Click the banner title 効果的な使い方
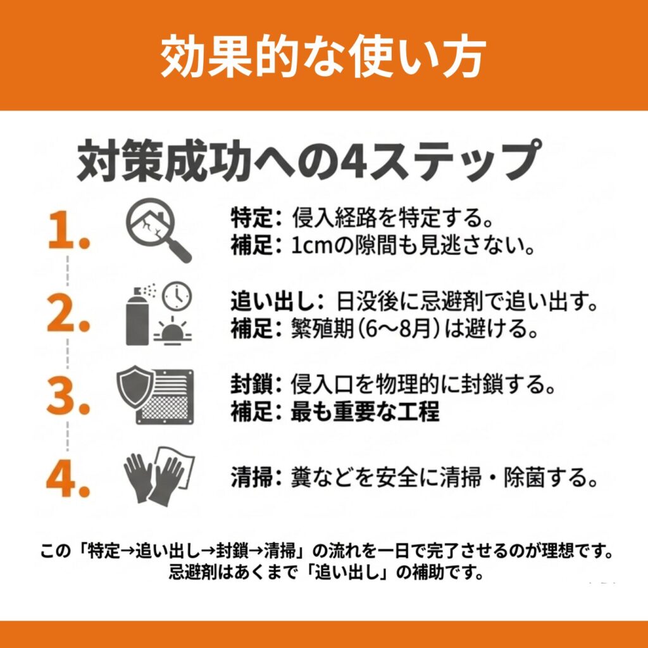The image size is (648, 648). pos(323,56)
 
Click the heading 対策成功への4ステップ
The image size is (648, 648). pos(309,161)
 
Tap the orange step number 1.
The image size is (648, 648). pos(68,230)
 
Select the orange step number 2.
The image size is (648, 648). pos(68,313)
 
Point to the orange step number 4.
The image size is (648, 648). pos(68,478)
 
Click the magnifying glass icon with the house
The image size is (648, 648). pos(158,230)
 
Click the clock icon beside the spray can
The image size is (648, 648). pos(177,296)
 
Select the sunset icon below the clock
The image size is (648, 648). pos(173,330)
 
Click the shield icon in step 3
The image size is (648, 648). pos(135,387)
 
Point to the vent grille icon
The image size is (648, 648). pos(166,397)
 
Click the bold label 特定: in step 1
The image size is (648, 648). pos(256,218)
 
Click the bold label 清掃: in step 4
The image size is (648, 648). pos(256,477)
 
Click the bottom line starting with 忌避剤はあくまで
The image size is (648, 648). pos(327,573)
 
